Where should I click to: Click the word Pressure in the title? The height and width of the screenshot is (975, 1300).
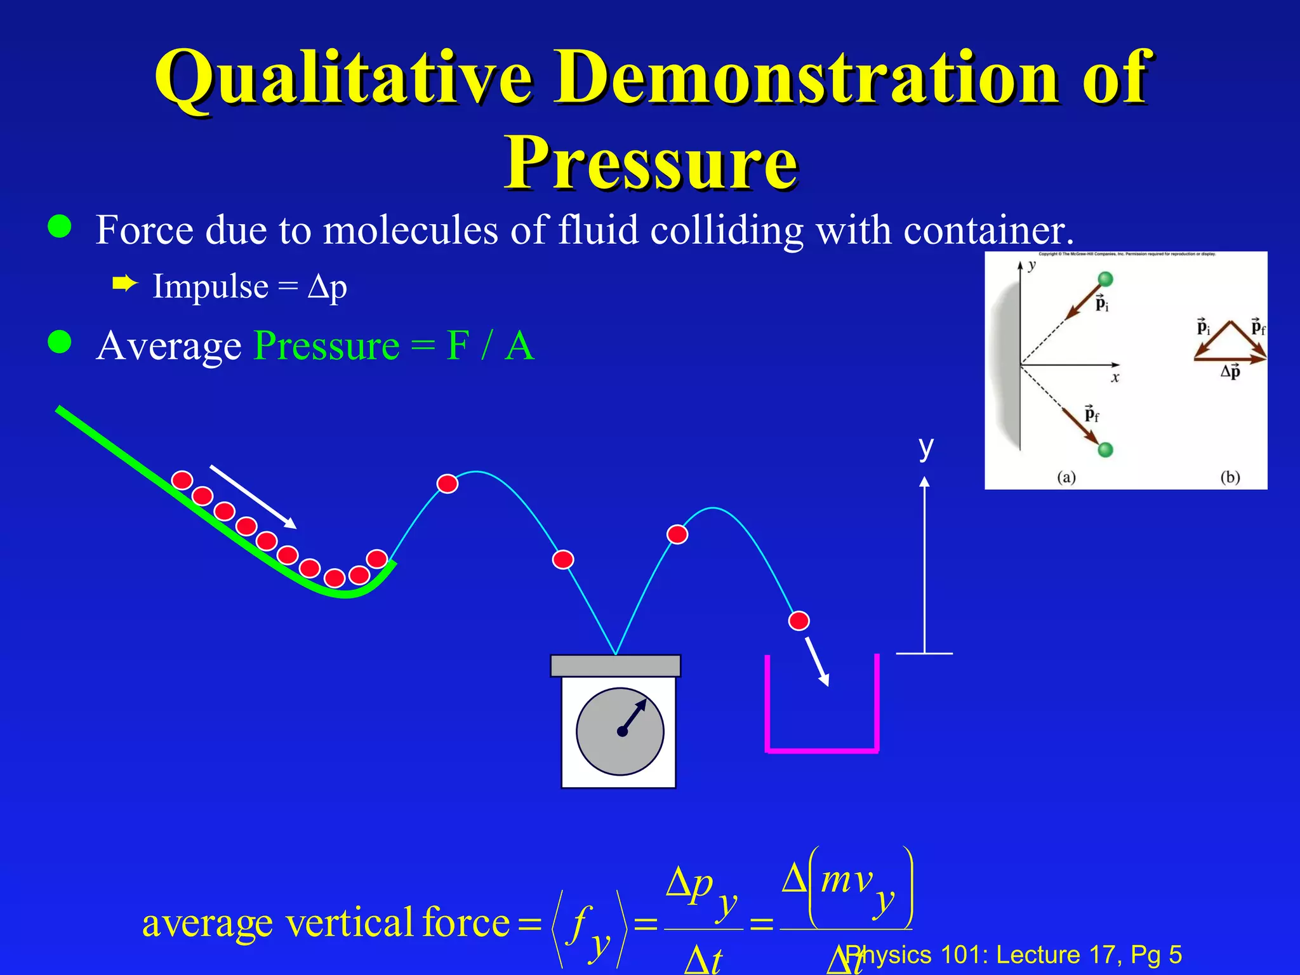click(651, 163)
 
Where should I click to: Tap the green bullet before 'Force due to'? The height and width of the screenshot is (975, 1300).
click(60, 227)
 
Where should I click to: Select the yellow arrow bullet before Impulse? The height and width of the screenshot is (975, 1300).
click(125, 284)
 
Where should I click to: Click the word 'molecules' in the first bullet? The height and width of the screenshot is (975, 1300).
click(411, 229)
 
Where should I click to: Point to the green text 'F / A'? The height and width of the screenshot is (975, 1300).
click(490, 346)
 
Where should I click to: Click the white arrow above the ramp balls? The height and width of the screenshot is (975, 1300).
click(253, 496)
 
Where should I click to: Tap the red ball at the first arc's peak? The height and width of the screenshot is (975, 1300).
click(448, 484)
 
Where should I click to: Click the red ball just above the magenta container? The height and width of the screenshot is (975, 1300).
click(799, 620)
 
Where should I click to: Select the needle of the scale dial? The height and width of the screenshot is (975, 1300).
click(633, 716)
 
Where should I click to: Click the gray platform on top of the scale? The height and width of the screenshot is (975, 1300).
click(615, 666)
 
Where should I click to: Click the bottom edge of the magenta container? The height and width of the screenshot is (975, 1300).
click(822, 751)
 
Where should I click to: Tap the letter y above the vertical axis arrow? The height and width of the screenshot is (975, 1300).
click(926, 447)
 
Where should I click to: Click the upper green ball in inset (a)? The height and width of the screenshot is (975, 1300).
click(1105, 279)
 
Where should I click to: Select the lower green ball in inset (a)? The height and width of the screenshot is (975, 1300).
click(1105, 450)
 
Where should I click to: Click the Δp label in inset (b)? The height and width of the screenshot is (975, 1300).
click(1230, 371)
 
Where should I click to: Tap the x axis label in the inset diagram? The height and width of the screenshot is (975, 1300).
click(1115, 378)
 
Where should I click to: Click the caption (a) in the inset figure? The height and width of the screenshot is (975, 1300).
click(1066, 477)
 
